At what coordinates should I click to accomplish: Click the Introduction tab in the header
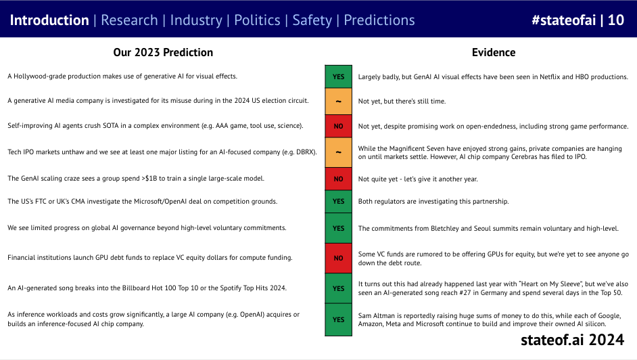tap(49, 20)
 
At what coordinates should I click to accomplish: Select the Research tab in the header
tap(129, 20)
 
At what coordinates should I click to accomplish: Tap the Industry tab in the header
tap(196, 20)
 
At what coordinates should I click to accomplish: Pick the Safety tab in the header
tap(312, 20)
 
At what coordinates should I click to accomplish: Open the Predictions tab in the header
tap(379, 20)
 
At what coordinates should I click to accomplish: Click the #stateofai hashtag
tap(563, 20)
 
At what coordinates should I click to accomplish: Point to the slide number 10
tap(616, 20)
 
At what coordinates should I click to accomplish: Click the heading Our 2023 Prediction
tap(163, 52)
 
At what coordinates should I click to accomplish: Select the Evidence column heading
tap(494, 52)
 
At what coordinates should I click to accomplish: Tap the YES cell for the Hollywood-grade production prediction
tap(338, 76)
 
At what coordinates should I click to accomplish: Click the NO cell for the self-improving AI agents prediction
tap(338, 126)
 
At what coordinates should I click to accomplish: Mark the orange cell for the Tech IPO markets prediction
tap(338, 152)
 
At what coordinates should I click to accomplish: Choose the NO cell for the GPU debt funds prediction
tap(338, 258)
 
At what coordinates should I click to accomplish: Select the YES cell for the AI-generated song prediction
tap(338, 288)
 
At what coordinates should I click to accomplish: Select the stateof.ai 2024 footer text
tap(572, 340)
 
